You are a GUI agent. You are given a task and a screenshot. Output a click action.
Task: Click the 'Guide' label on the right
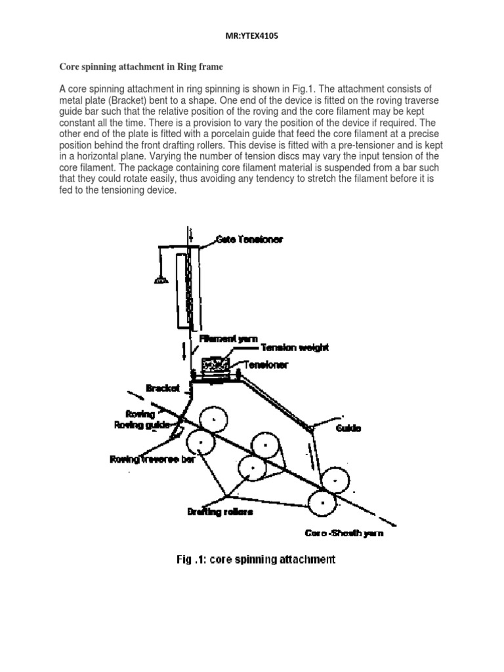tap(348, 429)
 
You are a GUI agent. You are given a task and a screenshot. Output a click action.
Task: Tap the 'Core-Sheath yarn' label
tap(345, 534)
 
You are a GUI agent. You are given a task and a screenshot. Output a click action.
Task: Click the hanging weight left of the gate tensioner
tap(159, 281)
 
